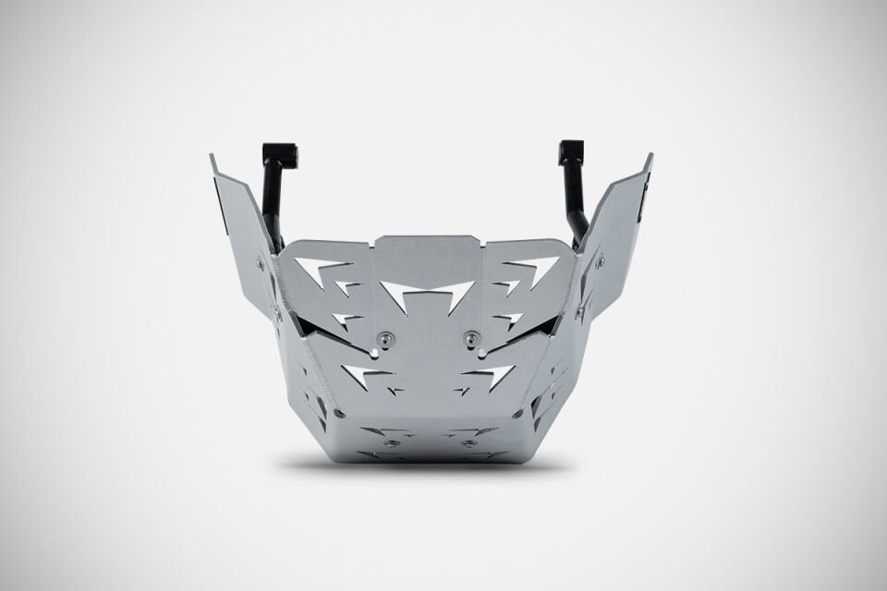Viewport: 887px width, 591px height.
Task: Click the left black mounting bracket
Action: pos(275,185)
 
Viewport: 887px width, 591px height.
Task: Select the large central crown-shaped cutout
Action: pos(428,295)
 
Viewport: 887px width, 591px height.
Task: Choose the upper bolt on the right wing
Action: pos(600,262)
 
